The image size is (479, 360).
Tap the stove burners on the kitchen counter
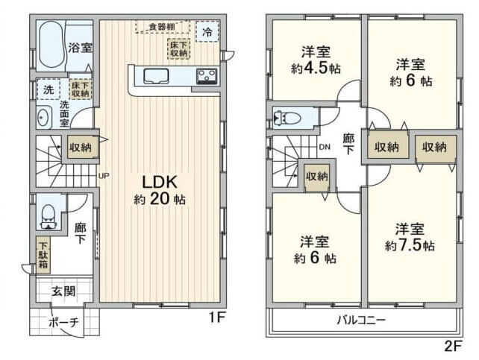coord(207,76)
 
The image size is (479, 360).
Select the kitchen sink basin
coord(156,76)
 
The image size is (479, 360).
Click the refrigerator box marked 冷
coord(207,31)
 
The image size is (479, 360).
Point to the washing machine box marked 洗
coord(48,89)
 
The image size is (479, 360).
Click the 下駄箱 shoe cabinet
coord(43,255)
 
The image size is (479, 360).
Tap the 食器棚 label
coord(162,27)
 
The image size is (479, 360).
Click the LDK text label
coord(160,183)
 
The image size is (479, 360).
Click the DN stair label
coord(325,147)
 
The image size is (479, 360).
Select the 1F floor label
coord(216,318)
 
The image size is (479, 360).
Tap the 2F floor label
coord(453,346)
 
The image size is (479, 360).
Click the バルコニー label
coord(361,320)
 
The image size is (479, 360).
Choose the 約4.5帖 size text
coord(316,69)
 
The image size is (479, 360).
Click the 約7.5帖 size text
coord(410,245)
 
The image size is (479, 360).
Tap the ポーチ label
coord(64,322)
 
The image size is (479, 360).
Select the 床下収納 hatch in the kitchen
coord(179,48)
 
